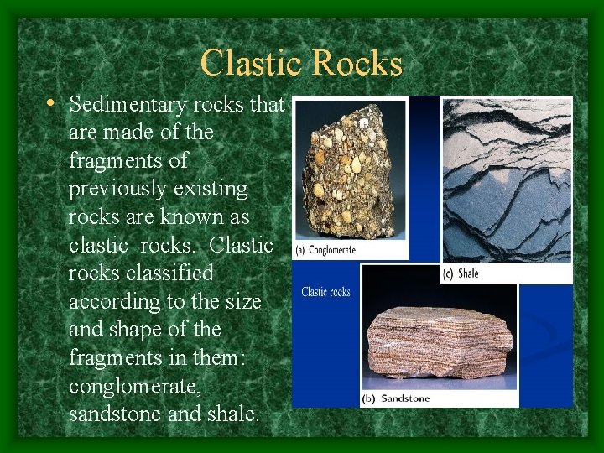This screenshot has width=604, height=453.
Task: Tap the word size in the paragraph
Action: [x=243, y=301]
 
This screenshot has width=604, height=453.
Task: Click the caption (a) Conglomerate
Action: [x=326, y=249]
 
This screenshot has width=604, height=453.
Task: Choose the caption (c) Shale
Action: [x=462, y=273]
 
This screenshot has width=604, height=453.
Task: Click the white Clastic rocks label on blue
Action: [x=326, y=292]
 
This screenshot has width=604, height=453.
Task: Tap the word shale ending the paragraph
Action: [x=231, y=414]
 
